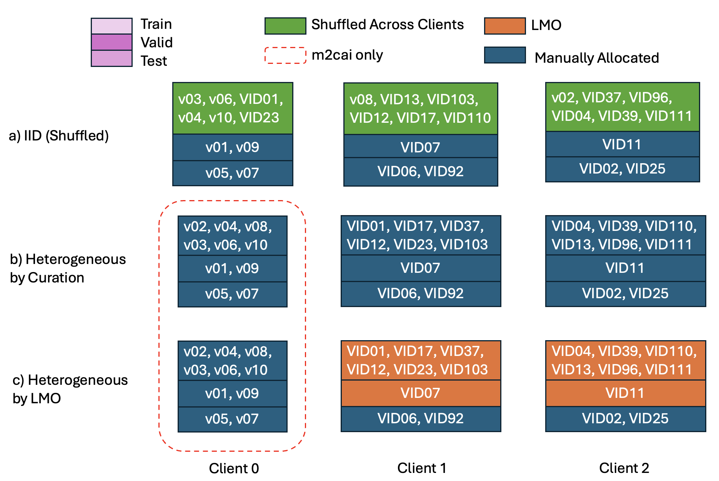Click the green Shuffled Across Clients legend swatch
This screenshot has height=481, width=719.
tap(285, 26)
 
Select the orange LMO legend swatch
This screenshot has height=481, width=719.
tap(504, 26)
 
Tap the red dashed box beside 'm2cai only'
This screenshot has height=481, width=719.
tap(285, 55)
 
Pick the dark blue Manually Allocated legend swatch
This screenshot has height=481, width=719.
tap(504, 55)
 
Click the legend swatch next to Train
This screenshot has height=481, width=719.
tap(112, 26)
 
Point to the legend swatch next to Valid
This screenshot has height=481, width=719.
tap(112, 42)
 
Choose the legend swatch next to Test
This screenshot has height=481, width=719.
tap(112, 58)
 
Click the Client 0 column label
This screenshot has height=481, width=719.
tap(234, 468)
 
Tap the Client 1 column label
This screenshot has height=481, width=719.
tap(422, 468)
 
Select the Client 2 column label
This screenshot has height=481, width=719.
tap(624, 468)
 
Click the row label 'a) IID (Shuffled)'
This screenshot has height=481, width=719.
tap(59, 135)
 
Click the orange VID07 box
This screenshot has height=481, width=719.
tap(421, 393)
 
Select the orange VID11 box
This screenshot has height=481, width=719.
tap(625, 393)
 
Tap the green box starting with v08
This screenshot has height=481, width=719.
tap(421, 109)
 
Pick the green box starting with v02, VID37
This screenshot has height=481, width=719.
tap(622, 107)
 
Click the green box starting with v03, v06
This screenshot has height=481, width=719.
tap(233, 108)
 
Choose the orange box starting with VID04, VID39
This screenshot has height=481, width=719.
tap(625, 360)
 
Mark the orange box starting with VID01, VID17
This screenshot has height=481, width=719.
tap(421, 360)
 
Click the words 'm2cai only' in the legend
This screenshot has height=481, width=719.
tap(347, 55)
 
